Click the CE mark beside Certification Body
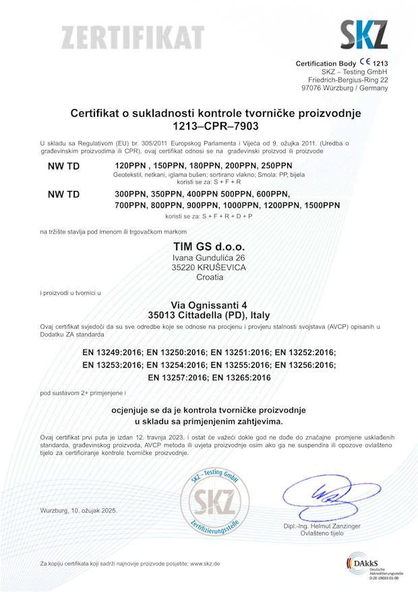coord(376,62)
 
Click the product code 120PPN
coord(131,165)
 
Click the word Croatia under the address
coord(209,277)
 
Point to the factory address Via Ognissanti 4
coord(208,305)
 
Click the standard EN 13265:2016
coord(241,377)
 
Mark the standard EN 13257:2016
coord(177,377)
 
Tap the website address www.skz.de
coord(205,563)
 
